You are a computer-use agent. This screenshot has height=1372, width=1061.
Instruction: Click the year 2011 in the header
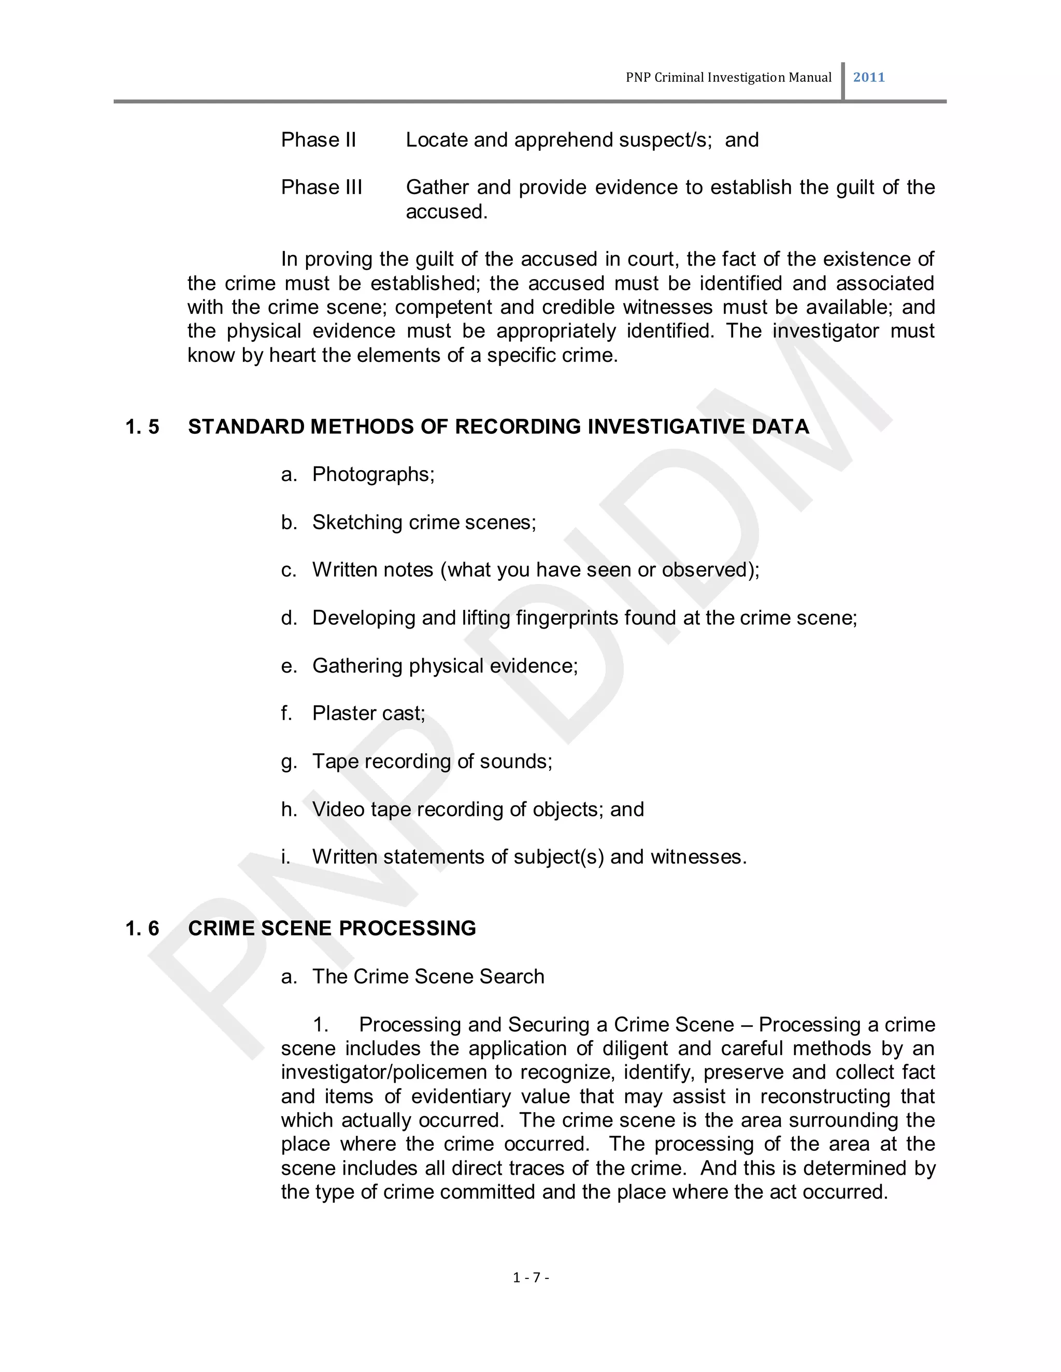tap(869, 77)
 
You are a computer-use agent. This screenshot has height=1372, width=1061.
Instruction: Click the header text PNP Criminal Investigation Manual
tap(728, 77)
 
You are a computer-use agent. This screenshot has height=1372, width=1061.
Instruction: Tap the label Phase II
tap(318, 139)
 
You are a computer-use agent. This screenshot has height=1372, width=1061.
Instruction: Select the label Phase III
tap(321, 187)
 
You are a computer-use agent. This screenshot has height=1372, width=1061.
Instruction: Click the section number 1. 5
tap(142, 427)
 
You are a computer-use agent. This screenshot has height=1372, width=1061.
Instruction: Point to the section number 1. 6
tap(142, 928)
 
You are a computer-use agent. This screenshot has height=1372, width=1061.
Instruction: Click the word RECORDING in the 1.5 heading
tap(519, 427)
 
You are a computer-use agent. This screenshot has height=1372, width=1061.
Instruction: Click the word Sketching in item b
tap(357, 522)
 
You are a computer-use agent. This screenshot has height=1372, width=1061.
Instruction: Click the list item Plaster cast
tap(368, 713)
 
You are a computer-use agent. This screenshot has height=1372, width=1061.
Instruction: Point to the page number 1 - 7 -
tap(531, 1277)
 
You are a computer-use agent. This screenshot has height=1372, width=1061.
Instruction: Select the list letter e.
tap(288, 666)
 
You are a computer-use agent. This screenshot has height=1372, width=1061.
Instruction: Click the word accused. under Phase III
tap(446, 212)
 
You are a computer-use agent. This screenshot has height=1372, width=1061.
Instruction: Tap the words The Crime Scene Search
tap(428, 977)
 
